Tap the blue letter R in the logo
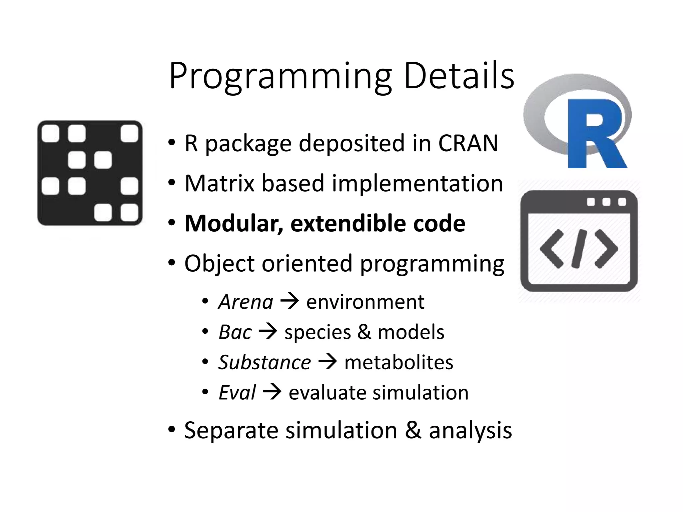(595, 133)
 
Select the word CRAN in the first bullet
(468, 143)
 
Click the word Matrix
(220, 183)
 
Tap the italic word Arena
(246, 302)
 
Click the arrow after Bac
(268, 332)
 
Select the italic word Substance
(264, 362)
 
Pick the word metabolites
(399, 362)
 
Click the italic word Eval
(237, 392)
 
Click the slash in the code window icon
(579, 249)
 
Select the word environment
(365, 302)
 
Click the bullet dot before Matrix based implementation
(171, 183)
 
